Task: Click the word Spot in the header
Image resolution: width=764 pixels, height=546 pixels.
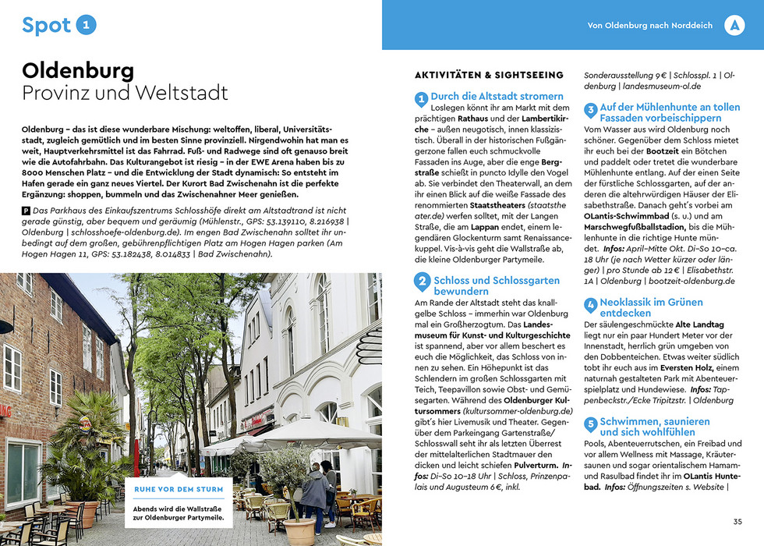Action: [46, 26]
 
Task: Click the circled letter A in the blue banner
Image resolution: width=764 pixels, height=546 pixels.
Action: [734, 25]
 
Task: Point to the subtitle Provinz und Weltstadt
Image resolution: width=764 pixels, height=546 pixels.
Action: [125, 94]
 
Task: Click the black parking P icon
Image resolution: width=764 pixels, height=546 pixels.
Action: [27, 211]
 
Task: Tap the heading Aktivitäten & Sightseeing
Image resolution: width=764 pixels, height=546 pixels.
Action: [489, 76]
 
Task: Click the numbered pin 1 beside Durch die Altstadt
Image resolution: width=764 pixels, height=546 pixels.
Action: [421, 98]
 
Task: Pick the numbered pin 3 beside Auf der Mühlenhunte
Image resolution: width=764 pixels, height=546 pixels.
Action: [591, 110]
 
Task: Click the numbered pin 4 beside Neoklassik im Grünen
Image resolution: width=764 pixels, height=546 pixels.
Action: [591, 305]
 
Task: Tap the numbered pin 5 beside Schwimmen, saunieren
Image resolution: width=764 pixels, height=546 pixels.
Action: [591, 425]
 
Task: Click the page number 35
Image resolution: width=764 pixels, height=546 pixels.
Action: [737, 522]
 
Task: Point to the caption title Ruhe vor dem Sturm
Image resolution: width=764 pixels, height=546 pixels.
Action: [179, 490]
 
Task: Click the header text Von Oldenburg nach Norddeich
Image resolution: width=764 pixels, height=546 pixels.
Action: [649, 26]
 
